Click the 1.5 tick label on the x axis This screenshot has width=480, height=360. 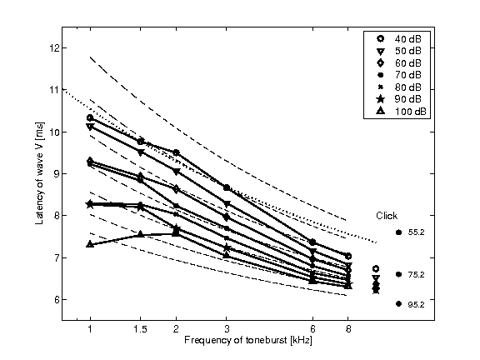click(141, 329)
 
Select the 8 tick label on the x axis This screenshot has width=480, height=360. click(348, 329)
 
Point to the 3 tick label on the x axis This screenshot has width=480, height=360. click(227, 329)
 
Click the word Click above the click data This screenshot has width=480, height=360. click(386, 215)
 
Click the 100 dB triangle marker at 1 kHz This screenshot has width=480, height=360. click(90, 244)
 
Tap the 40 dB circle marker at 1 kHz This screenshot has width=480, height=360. click(90, 118)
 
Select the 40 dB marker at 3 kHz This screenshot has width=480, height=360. click(227, 188)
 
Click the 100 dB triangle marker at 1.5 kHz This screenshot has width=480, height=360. click(141, 234)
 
